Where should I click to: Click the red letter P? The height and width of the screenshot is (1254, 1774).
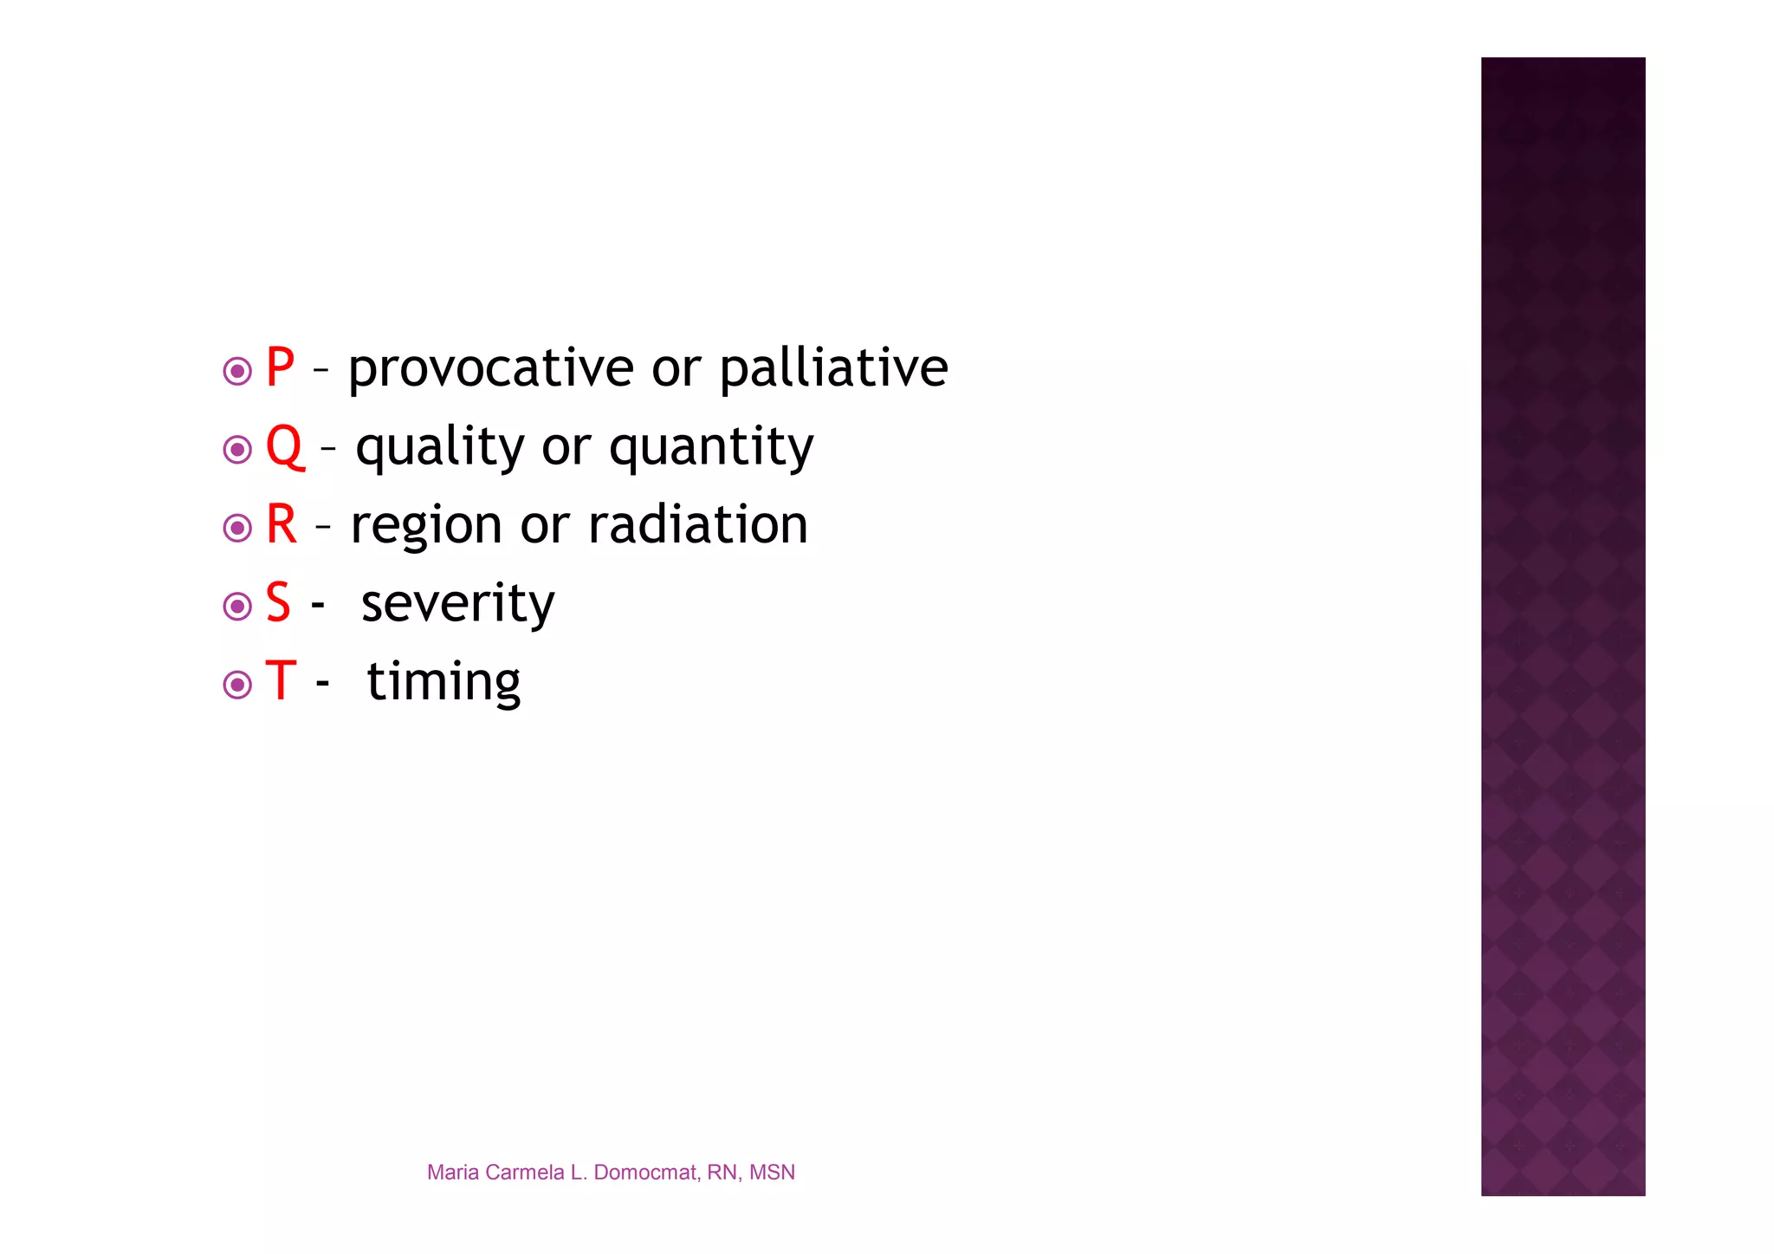click(x=280, y=367)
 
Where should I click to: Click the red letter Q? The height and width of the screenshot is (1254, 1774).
click(x=285, y=446)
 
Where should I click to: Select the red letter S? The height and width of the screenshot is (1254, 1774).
click(x=278, y=603)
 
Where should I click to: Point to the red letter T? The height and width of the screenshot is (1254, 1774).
click(x=281, y=681)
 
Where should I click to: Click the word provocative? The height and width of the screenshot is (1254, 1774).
click(x=491, y=369)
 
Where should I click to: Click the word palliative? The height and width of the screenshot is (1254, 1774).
click(x=833, y=369)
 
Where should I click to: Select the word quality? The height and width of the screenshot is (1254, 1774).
click(x=440, y=448)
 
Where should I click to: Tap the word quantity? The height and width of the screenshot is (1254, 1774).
click(x=711, y=448)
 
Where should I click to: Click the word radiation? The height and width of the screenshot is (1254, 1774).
click(x=698, y=525)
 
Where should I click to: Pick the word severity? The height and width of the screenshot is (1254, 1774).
click(x=457, y=604)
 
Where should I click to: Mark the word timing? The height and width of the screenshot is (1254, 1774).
click(x=443, y=683)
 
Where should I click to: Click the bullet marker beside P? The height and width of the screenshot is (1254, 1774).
click(x=237, y=372)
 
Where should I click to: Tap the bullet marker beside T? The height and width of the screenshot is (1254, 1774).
click(x=237, y=685)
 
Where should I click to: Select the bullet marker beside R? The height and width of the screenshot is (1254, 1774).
click(x=237, y=528)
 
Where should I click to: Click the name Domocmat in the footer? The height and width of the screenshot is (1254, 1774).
click(x=645, y=1173)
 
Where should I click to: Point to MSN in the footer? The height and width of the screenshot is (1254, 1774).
click(x=772, y=1173)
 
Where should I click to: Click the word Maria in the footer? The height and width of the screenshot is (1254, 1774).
click(x=453, y=1173)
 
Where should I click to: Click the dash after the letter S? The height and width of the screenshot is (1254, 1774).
click(x=318, y=605)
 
